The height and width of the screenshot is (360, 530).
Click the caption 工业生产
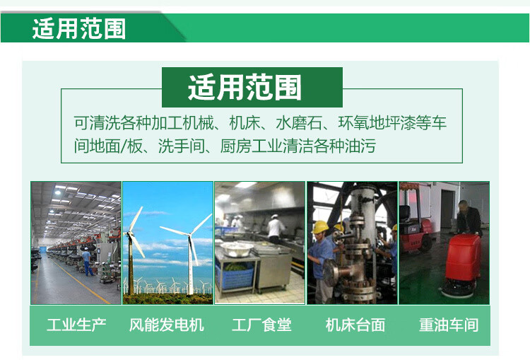pyautogui.click(x=76, y=325)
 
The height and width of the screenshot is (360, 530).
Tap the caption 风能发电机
pyautogui.click(x=166, y=325)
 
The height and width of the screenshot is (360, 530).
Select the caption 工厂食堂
pyautogui.click(x=261, y=325)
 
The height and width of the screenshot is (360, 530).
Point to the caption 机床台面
pyautogui.click(x=355, y=325)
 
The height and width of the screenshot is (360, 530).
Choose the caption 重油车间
pyautogui.click(x=449, y=325)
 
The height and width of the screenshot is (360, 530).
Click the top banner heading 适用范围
pyautogui.click(x=79, y=29)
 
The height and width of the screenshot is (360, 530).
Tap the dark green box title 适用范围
pyautogui.click(x=245, y=87)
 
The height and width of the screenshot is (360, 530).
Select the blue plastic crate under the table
pyautogui.click(x=235, y=274)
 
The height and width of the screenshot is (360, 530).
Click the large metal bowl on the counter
pyautogui.click(x=236, y=250)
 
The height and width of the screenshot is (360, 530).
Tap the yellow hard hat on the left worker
pyautogui.click(x=319, y=227)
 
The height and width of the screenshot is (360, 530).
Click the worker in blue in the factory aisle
pyautogui.click(x=88, y=261)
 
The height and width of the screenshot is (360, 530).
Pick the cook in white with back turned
pyautogui.click(x=276, y=228)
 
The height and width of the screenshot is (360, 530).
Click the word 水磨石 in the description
pyautogui.click(x=299, y=122)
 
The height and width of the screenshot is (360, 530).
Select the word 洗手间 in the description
pyautogui.click(x=182, y=146)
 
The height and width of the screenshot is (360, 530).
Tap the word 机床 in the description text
pyautogui.click(x=245, y=122)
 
